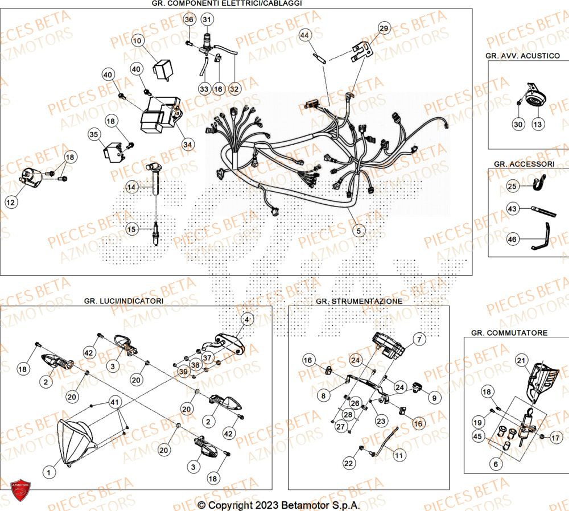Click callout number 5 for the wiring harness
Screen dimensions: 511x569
tap(358, 232)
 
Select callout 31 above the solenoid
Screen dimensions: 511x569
tap(206, 20)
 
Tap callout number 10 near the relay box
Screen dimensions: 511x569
tap(138, 41)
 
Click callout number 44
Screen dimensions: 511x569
tap(305, 35)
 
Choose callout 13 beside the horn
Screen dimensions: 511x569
tap(538, 124)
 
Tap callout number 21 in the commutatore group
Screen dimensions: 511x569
tap(521, 360)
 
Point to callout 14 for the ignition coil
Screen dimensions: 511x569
tap(132, 187)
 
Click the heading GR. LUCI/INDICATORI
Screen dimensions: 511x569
tap(123, 300)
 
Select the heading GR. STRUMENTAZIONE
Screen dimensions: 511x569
tap(358, 300)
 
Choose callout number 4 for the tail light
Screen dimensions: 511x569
tap(246, 320)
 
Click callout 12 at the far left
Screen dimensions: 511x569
tap(11, 202)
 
